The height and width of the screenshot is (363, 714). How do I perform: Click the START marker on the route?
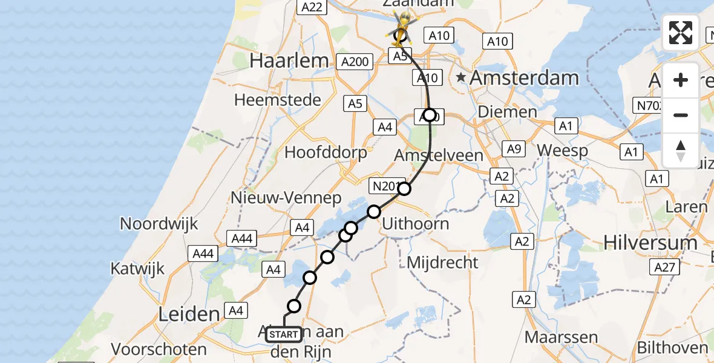tap(283, 335)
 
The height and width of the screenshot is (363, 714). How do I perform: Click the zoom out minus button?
tap(681, 115)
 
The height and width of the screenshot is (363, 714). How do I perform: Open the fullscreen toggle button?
tap(681, 33)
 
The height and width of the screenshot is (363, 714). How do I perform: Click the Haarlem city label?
tap(289, 60)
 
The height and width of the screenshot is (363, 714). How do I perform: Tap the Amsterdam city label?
tap(524, 77)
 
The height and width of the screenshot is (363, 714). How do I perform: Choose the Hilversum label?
tap(650, 243)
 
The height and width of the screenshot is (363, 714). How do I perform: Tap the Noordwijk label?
tap(159, 223)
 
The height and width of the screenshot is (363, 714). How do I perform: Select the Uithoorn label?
tap(415, 224)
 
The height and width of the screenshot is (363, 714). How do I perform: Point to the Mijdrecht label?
tap(442, 263)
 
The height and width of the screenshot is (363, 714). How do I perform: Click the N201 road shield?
tap(384, 186)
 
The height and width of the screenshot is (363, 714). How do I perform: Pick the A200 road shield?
tap(355, 62)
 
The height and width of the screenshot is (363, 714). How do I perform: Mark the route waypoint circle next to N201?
tap(404, 189)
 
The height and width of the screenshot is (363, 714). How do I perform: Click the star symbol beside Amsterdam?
tap(462, 77)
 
